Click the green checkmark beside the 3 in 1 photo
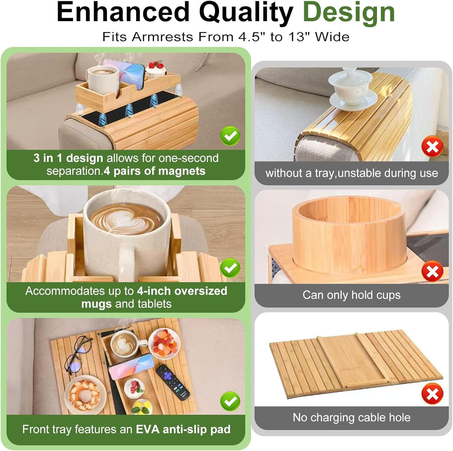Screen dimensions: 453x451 click(230, 136)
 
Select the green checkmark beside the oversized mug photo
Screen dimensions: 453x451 click(230, 268)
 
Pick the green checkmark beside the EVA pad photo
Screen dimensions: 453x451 click(230, 401)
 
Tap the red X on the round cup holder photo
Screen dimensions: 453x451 click(432, 272)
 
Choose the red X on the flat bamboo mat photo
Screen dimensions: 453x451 click(432, 394)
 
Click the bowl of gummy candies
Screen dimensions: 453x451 click(164, 343)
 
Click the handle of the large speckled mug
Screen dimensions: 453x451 click(127, 262)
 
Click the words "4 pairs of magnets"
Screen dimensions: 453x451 click(154, 171)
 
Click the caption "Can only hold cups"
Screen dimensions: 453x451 click(351, 295)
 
